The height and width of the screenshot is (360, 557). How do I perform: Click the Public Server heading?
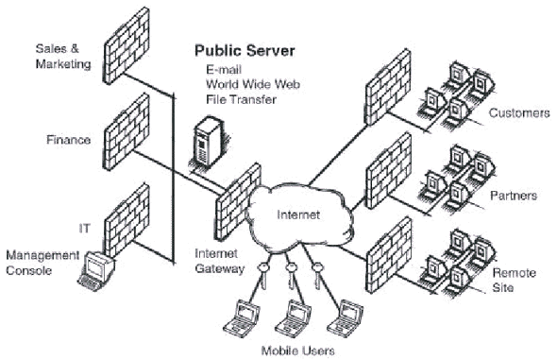coord(245,50)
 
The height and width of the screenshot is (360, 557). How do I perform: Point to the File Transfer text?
coord(238,98)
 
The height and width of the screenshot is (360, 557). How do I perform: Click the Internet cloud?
coord(300,216)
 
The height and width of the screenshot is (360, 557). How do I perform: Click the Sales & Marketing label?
coord(62,55)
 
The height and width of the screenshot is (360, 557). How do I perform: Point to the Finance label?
coord(69,140)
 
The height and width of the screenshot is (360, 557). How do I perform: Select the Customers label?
coord(518,113)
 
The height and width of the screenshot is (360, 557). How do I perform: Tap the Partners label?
coord(514,196)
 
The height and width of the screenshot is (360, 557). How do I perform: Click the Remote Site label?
coord(515,280)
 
